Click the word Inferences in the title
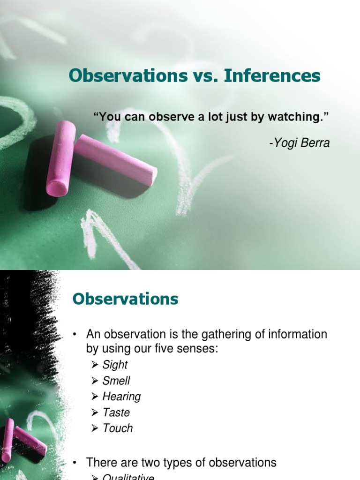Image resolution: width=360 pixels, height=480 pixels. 272,75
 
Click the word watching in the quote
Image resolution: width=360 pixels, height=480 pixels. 298,117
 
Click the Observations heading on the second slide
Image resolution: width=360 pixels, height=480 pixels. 125,299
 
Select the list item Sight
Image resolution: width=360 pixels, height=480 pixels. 115,365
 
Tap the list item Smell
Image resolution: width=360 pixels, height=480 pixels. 116,381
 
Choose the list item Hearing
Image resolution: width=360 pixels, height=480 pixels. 121,397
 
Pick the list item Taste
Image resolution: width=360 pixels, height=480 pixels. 116,412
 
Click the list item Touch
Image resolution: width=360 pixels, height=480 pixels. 117,428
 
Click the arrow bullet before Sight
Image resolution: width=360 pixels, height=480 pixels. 95,365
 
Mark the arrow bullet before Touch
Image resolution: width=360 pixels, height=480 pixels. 95,428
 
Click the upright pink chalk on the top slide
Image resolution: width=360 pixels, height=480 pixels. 61,158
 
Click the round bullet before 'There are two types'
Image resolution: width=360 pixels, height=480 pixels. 75,463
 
